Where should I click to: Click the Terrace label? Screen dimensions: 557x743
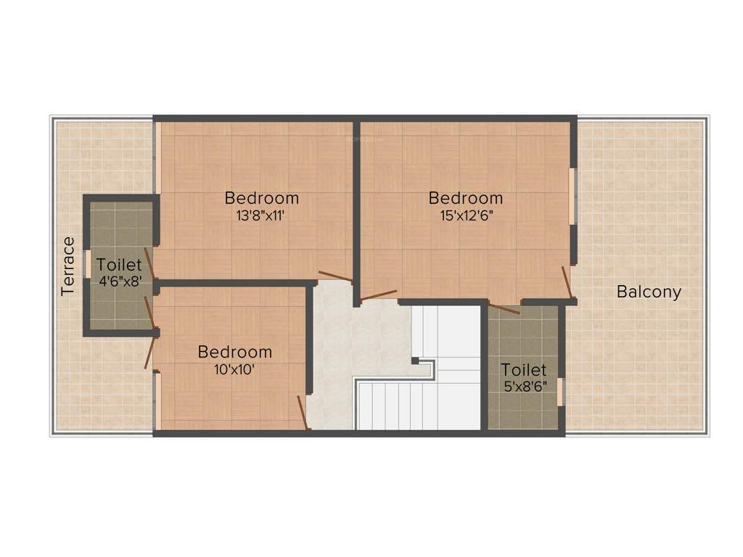pos(68,265)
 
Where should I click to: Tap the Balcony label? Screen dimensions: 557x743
pos(649,292)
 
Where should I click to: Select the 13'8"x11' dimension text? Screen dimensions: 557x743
pos(261,215)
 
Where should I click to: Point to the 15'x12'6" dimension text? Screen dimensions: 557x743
pos(465,215)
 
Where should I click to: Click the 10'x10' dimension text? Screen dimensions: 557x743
pos(235,368)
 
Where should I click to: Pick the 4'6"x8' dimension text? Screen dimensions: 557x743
pos(119,282)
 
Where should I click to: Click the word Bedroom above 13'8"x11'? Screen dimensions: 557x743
pos(261,198)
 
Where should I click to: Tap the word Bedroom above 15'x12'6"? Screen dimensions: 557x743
pos(465,198)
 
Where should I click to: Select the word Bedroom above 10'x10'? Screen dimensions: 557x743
pos(235,352)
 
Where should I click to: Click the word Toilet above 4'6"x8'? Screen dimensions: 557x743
pos(119,265)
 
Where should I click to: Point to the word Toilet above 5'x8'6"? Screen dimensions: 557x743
pos(524,370)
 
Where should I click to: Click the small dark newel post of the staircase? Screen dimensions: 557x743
pos(414,360)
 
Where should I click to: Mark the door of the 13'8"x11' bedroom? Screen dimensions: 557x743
pos(335,276)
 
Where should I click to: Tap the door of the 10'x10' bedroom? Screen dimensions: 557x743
pos(303,412)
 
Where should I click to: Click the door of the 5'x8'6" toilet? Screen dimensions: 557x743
pos(504,308)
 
